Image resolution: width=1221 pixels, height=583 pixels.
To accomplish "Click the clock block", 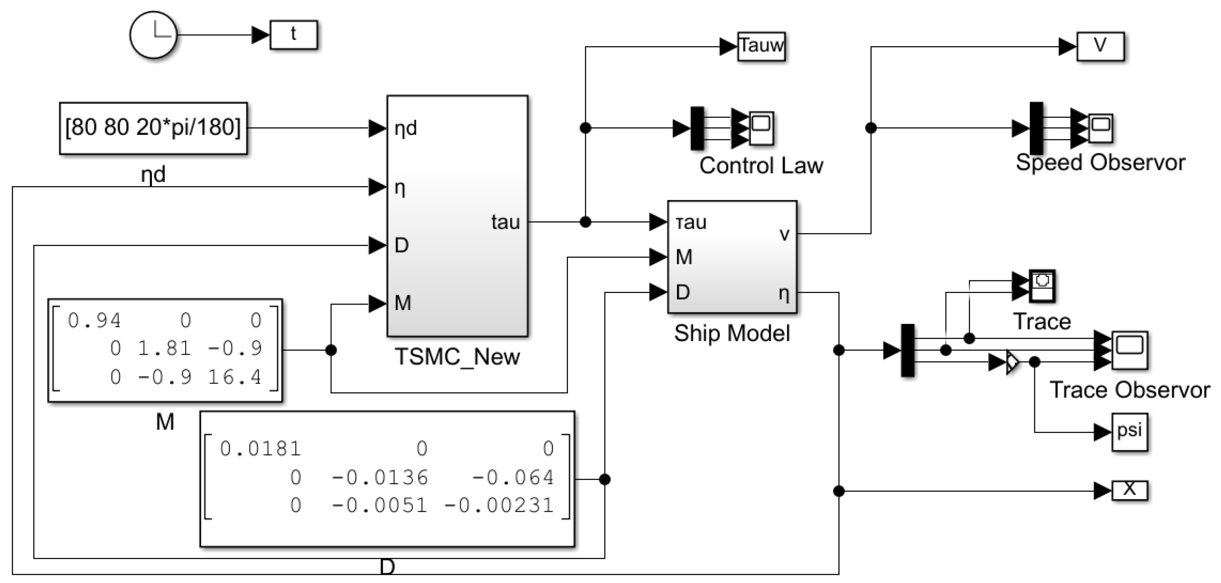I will (153, 35).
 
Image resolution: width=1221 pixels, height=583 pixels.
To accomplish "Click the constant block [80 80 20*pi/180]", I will (153, 128).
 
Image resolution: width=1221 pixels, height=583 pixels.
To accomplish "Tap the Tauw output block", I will (761, 46).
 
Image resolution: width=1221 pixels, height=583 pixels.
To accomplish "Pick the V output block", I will (1100, 46).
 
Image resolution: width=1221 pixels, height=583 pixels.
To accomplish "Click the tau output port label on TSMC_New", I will (505, 222).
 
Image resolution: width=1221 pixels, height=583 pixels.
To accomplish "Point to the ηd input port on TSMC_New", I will (405, 128).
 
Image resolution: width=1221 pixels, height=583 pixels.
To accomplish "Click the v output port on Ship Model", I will (784, 234).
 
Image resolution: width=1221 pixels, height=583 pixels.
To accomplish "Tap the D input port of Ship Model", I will (682, 292).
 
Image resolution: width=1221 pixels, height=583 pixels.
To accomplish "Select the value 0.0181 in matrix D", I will (260, 449).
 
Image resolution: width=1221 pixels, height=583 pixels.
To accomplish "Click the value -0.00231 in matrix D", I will (499, 505).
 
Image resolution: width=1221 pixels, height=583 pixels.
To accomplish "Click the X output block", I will (1129, 490).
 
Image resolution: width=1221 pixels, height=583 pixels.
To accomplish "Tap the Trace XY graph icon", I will (1042, 286).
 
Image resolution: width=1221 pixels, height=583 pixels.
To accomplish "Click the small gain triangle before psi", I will (1012, 362).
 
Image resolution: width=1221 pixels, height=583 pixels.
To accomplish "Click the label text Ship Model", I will (732, 333).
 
